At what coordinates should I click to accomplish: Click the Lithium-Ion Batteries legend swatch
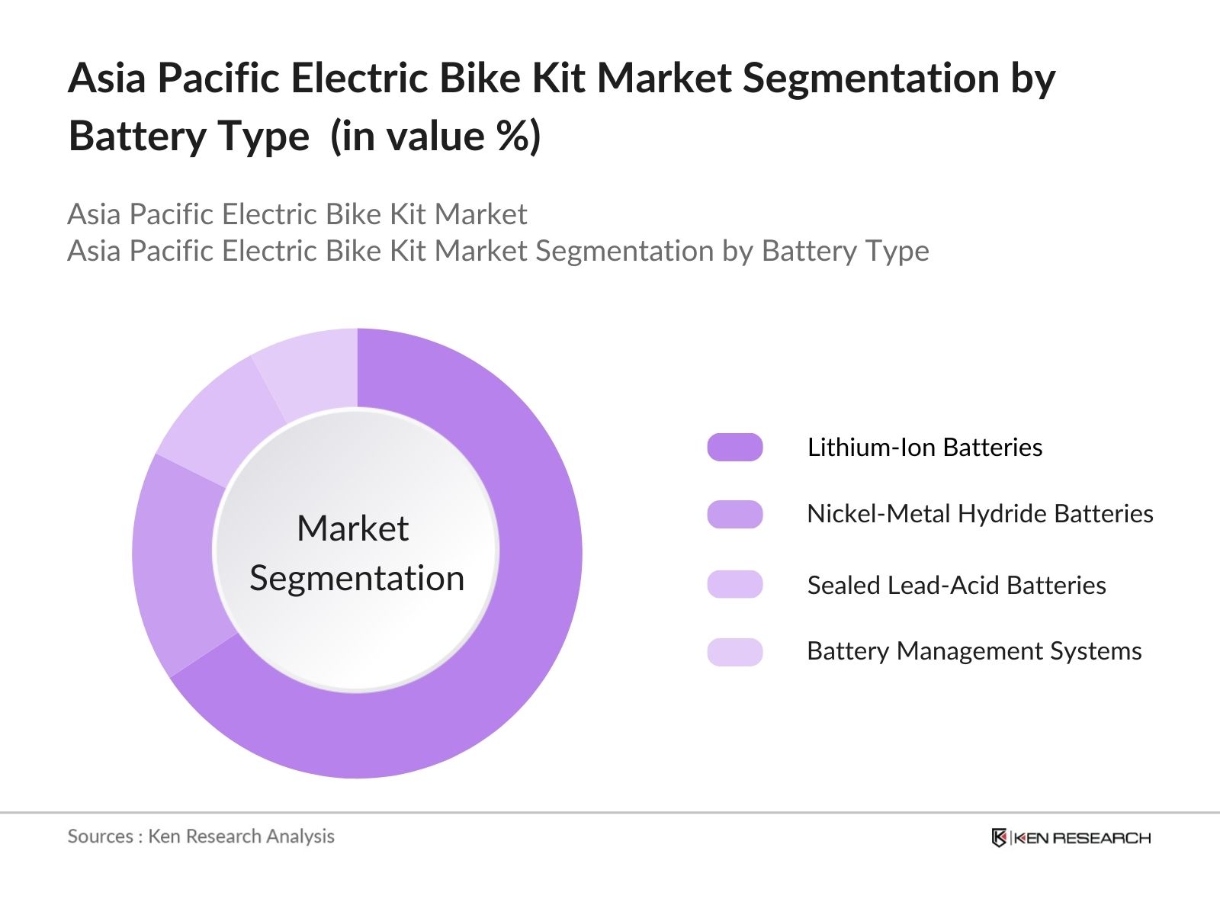point(734,448)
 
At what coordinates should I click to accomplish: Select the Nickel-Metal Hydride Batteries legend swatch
point(734,515)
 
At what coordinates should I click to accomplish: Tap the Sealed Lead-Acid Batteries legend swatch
point(734,585)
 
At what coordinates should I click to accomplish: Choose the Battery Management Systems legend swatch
point(734,652)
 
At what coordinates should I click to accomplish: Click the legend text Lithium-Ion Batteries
point(924,448)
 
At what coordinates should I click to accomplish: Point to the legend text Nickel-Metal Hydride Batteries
point(980,514)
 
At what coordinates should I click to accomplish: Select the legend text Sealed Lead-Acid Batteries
point(956,585)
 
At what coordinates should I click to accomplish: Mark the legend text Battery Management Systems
point(974,651)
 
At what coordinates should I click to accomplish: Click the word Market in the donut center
point(352,528)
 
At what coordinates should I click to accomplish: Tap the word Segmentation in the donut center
point(357,579)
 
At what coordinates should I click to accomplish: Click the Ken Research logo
point(1071,838)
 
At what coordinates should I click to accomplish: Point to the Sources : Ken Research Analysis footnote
point(201,836)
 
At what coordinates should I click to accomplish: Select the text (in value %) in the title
point(435,137)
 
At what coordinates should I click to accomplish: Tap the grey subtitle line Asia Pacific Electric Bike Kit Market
point(297,214)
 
